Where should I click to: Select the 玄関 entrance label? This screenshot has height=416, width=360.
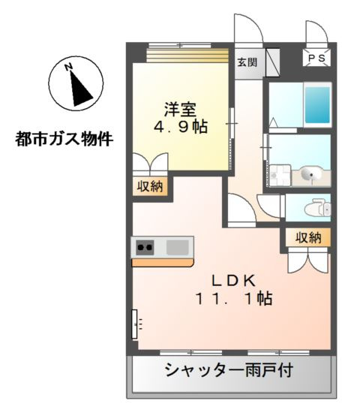click(246, 62)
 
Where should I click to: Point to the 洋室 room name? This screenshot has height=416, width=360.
click(181, 107)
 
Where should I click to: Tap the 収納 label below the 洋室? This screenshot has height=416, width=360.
click(151, 186)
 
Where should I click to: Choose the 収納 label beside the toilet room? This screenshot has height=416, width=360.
click(307, 238)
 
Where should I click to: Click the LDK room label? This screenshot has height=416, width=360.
click(234, 280)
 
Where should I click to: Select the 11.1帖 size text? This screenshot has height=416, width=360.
click(234, 298)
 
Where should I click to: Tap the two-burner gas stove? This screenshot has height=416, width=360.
click(145, 246)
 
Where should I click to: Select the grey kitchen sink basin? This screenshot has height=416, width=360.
click(178, 246)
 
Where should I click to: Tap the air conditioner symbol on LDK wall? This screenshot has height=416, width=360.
click(136, 324)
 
